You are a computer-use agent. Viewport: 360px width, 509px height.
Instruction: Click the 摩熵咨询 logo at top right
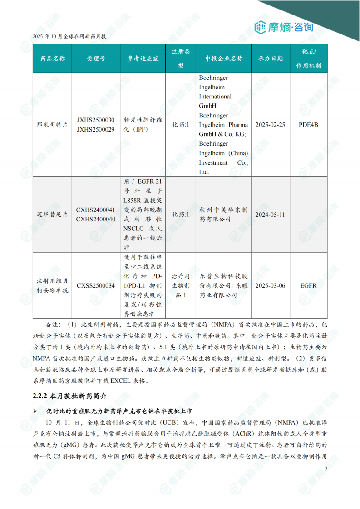coord(284,27)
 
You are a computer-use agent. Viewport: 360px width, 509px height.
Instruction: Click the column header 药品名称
coord(52,59)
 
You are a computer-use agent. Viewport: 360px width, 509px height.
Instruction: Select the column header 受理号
coord(96,59)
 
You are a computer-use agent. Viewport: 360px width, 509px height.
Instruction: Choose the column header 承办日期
coord(271,59)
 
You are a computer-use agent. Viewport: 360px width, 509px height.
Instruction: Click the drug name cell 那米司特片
coord(52,125)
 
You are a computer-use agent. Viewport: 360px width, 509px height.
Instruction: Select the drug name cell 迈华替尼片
coord(52,215)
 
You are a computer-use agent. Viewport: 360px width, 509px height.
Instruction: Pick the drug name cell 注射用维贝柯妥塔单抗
coord(52,285)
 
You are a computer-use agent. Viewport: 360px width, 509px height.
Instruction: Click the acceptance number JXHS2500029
coord(96,129)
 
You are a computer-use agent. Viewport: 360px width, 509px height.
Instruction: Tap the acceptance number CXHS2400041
coord(96,210)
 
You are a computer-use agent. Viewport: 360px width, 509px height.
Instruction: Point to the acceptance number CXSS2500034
coord(96,285)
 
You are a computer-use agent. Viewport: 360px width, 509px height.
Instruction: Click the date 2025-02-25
coord(271,125)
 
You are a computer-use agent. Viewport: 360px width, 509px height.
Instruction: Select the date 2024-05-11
coord(271,215)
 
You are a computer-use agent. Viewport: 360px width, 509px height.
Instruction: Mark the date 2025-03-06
coord(271,285)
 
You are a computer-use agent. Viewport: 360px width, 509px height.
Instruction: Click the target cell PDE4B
coord(308,125)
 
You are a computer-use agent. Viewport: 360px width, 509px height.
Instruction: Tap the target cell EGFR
coord(308,285)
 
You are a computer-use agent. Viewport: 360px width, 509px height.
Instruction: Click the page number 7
coord(325,469)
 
